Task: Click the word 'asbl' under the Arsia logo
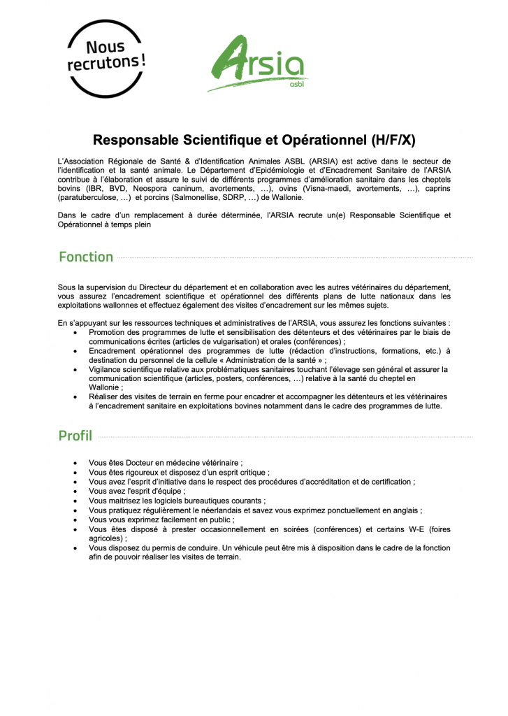296,85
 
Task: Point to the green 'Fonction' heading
86,257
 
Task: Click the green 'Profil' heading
75,436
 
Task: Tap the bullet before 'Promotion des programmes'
75,332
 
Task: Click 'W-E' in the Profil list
412,529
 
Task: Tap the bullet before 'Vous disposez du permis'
75,548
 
